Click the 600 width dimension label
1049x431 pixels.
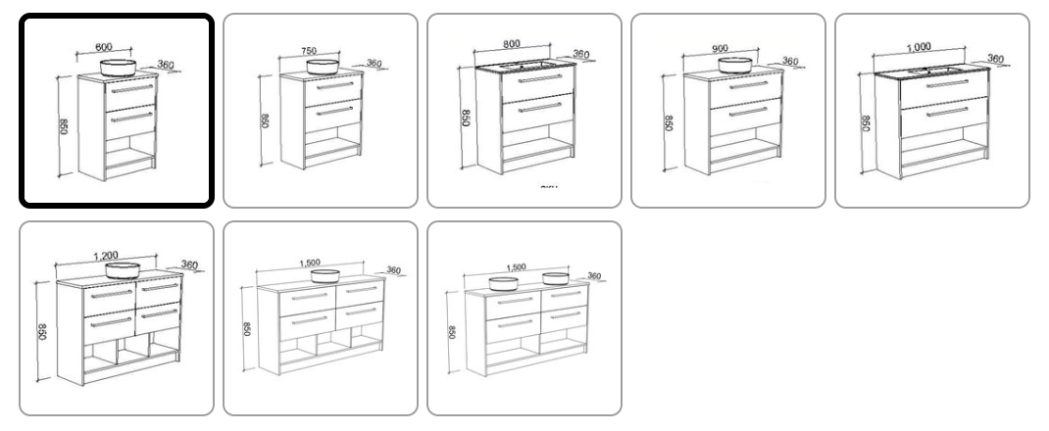[104, 47]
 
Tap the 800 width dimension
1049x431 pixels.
[510, 45]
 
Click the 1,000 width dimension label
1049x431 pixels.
[919, 45]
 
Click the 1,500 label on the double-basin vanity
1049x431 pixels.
[516, 266]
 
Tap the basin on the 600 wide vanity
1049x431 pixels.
[121, 68]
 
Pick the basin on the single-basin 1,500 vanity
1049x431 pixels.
[324, 276]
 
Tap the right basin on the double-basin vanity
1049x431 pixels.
[557, 278]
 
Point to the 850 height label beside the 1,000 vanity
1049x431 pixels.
[866, 123]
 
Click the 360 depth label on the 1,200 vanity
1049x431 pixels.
[189, 264]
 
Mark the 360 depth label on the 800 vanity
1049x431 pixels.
[581, 55]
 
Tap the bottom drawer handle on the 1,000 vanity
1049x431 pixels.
[937, 114]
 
